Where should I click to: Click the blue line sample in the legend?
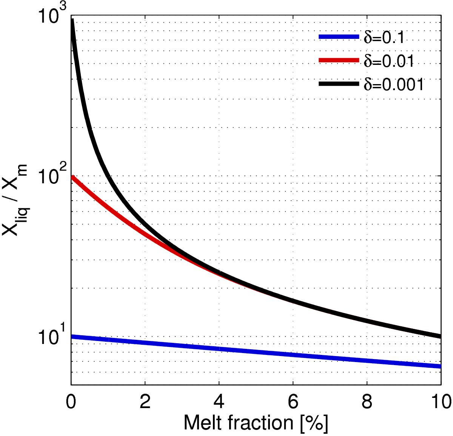coord(338,37)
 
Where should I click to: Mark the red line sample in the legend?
coord(338,60)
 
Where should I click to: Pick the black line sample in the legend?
coord(338,84)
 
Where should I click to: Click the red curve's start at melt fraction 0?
coord(72,177)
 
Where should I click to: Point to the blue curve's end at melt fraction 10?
coord(440,366)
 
